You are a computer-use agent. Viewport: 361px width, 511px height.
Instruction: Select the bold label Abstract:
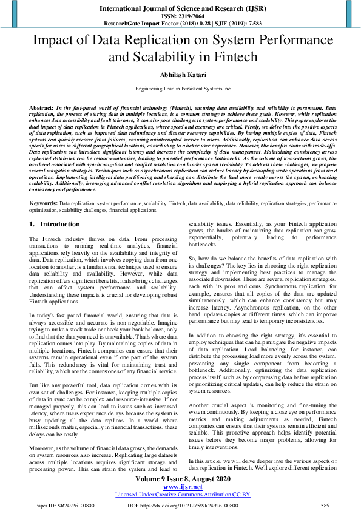[x=41, y=107]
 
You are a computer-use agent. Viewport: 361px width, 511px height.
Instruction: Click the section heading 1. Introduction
[x=55, y=224]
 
